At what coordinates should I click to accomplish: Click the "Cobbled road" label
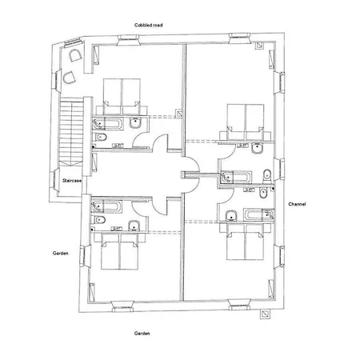point(149,25)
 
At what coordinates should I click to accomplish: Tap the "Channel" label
point(297,204)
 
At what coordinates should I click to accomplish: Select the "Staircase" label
point(72,181)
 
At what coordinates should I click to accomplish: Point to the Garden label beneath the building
point(142,333)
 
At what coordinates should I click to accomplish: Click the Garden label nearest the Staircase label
point(60,253)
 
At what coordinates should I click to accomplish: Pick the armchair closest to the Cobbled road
point(75,55)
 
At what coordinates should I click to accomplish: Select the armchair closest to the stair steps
point(70,78)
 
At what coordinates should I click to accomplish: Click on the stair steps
point(71,132)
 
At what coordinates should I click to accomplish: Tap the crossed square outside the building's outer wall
point(265,314)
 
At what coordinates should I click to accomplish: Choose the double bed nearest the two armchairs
point(122,96)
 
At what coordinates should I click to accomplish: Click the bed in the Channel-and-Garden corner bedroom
point(245,242)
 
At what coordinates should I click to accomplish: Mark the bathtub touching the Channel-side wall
point(259,215)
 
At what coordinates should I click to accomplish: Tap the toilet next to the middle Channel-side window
point(267,175)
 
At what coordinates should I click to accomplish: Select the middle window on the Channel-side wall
point(282,169)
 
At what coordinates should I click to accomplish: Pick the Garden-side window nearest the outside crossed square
point(239,304)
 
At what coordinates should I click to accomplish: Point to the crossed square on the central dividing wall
point(178,113)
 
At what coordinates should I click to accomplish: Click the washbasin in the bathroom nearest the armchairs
point(136,123)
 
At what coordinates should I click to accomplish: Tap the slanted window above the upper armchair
point(72,42)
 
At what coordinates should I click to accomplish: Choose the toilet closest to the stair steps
point(101,138)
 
